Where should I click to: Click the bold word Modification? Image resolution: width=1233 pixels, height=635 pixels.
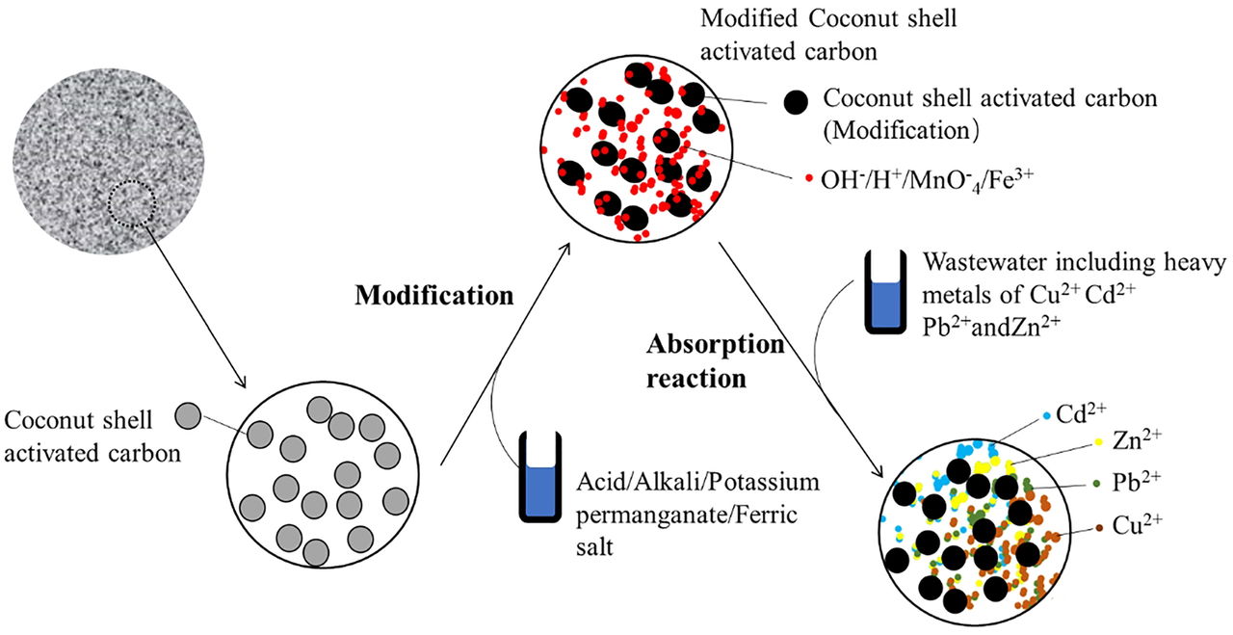pyautogui.click(x=433, y=295)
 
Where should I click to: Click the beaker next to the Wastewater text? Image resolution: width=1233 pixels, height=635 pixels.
pyautogui.click(x=881, y=292)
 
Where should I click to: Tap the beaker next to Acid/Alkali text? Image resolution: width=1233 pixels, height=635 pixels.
pyautogui.click(x=540, y=477)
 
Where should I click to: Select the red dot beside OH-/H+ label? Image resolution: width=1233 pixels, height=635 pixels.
pyautogui.click(x=808, y=178)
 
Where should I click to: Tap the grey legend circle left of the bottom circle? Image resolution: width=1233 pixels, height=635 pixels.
pyautogui.click(x=190, y=415)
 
